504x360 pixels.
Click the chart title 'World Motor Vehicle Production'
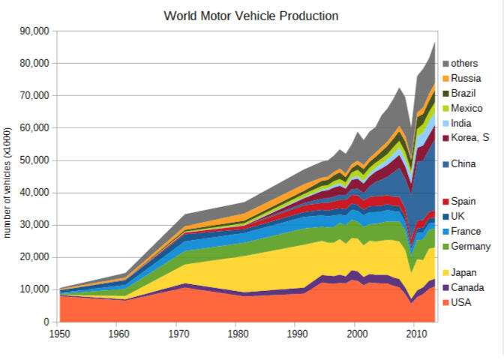point(251,15)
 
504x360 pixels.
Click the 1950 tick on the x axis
point(59,334)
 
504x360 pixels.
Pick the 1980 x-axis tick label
point(237,334)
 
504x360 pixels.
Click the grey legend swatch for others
point(445,64)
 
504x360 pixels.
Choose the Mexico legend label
point(466,108)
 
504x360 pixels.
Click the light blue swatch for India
point(445,122)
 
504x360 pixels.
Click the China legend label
point(463,163)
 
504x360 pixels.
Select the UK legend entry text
point(458,217)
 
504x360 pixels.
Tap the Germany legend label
point(471,247)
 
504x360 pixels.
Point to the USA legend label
point(461,302)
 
